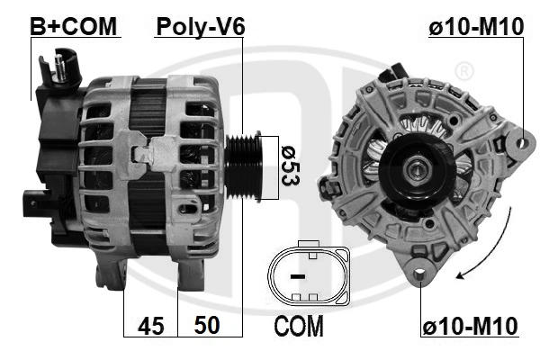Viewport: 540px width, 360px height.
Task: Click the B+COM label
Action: [75, 26]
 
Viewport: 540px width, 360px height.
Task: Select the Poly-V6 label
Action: [200, 26]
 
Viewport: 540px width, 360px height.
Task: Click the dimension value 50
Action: [208, 325]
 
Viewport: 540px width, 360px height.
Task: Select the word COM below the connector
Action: [299, 325]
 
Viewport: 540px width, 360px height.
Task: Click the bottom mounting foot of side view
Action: [110, 270]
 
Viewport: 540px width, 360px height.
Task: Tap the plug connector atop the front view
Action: [393, 73]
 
